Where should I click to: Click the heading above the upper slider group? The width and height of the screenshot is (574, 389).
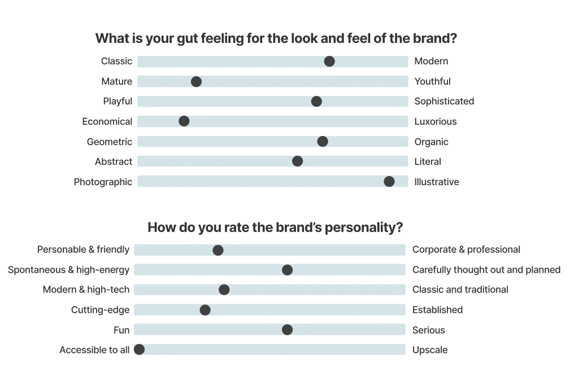point(275,38)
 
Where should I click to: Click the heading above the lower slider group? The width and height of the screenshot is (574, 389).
point(275,228)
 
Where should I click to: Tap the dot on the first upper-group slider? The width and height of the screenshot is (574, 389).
point(329,61)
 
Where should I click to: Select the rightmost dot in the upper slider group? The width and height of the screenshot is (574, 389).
point(389,181)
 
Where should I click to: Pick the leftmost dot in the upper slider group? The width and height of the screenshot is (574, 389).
point(184,121)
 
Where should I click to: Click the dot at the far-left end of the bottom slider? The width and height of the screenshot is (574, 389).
point(139,349)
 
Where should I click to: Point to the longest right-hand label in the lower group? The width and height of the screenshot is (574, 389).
point(486,269)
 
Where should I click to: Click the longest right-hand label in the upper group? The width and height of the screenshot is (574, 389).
point(443,102)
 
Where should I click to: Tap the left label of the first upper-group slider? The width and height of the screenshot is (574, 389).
point(117,62)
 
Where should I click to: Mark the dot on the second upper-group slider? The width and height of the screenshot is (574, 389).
point(196,82)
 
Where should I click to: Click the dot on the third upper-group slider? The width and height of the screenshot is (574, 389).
point(316,101)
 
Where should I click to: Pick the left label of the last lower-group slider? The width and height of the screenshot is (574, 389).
point(95,350)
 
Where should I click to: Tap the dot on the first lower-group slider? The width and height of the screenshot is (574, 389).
point(218,250)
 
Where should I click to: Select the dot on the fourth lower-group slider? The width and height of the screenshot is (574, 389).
point(205,310)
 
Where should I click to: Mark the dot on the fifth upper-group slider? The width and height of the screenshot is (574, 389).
point(323,141)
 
